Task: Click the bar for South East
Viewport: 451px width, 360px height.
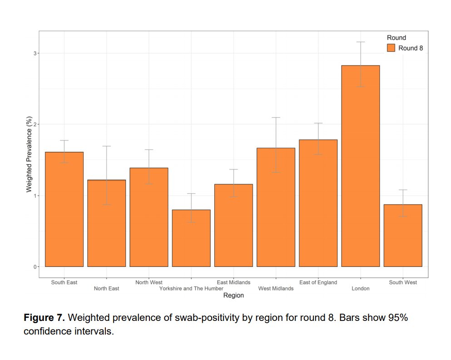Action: [x=64, y=209]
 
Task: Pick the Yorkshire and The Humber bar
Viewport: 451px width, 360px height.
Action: [x=191, y=238]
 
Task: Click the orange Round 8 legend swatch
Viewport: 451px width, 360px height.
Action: [x=391, y=48]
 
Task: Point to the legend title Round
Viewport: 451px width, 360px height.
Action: [x=396, y=38]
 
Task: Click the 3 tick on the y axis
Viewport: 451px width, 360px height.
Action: [x=34, y=53]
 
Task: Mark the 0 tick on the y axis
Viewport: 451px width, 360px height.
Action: [x=34, y=267]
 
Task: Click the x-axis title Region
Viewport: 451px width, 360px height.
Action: [x=233, y=295]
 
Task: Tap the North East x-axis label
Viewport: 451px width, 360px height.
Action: [x=106, y=289]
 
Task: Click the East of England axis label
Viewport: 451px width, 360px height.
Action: [x=318, y=282]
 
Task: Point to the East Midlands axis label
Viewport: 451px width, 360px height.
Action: [x=233, y=282]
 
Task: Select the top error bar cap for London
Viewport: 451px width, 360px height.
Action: [x=360, y=42]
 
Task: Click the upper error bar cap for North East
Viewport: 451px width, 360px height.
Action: [x=106, y=146]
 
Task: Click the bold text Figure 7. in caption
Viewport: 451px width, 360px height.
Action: [x=44, y=318]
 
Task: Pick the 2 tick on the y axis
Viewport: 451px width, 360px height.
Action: [x=34, y=124]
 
